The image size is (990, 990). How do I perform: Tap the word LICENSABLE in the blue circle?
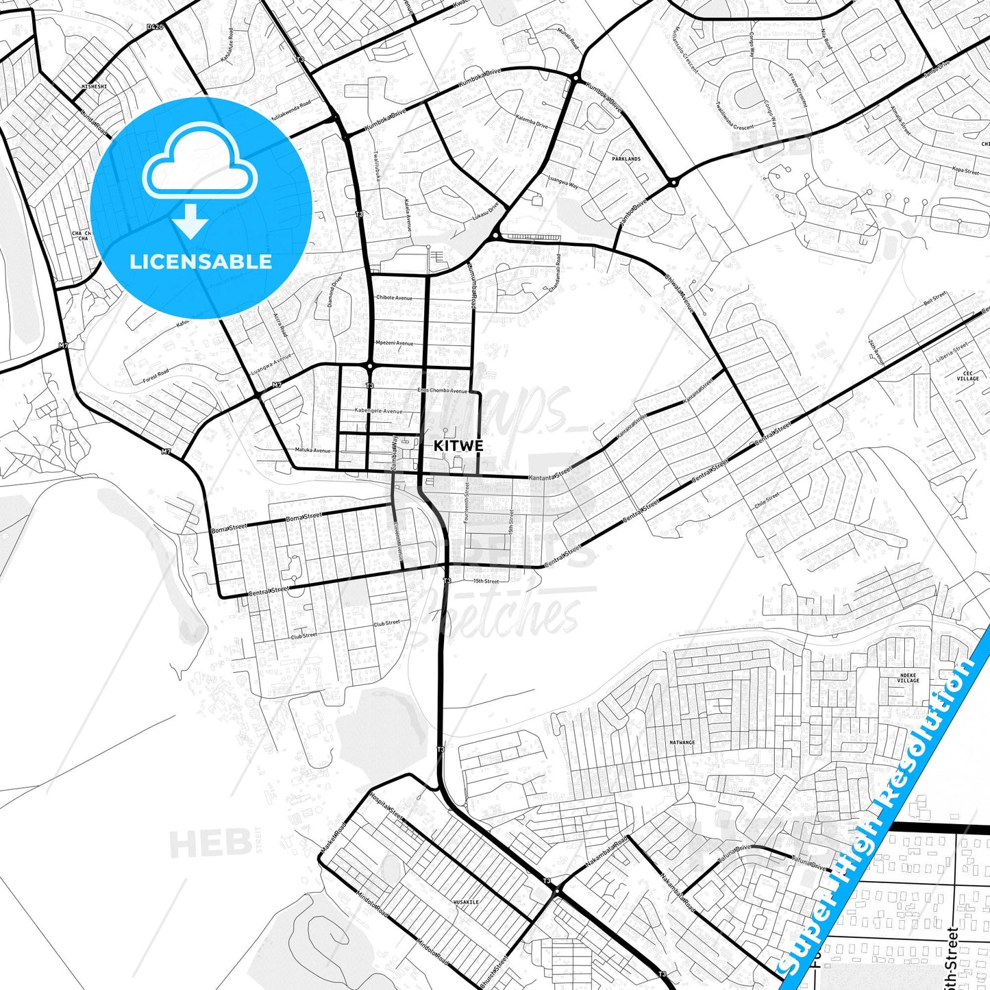point(201,261)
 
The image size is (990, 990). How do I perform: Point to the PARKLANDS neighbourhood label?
point(626,159)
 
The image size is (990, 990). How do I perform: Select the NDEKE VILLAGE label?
point(908,678)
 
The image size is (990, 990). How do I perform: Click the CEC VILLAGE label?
point(967,375)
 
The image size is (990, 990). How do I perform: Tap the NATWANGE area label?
point(682,743)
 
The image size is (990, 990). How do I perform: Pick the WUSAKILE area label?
point(466,902)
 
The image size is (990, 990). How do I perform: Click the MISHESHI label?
point(95,87)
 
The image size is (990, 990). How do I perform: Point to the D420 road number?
point(156,27)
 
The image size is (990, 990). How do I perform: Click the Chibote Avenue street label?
point(394,298)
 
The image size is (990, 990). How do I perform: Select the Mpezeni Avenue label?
point(394,343)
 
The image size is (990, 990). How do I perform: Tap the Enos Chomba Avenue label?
point(443,391)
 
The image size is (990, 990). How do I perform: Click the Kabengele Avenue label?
point(378,411)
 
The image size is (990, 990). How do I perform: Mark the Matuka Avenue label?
point(312,450)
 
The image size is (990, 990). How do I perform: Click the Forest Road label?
point(156,375)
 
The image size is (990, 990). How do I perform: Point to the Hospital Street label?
point(386,804)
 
